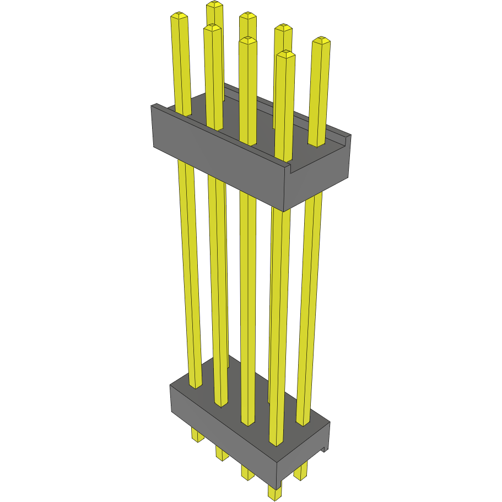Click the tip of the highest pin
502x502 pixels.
[215, 4]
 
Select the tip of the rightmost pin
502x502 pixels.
[321, 40]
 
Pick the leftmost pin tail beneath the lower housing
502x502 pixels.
[197, 435]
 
